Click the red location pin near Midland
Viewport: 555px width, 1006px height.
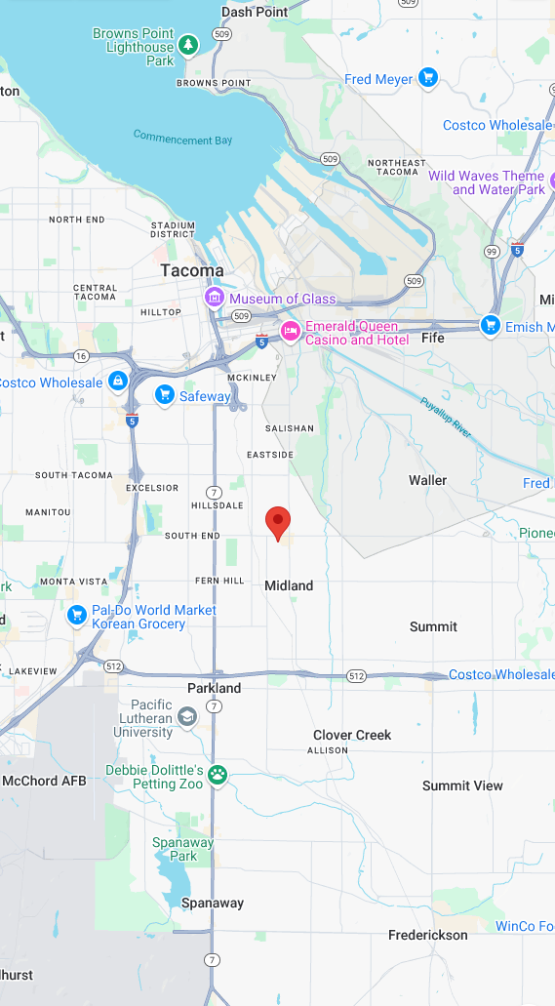(278, 522)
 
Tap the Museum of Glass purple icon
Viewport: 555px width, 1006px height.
(214, 298)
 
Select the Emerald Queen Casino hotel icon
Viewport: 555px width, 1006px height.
(290, 333)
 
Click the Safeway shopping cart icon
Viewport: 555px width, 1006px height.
(165, 395)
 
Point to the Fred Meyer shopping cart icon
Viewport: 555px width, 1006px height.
(427, 78)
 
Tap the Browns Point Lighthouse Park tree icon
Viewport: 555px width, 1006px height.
(188, 45)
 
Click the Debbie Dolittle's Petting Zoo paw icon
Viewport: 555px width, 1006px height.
(219, 776)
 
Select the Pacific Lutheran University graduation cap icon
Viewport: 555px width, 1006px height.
(186, 718)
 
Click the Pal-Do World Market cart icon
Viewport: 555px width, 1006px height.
(76, 616)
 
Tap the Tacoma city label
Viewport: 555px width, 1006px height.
(192, 270)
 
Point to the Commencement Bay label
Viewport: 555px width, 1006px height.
(183, 139)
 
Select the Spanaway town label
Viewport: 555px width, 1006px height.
(213, 904)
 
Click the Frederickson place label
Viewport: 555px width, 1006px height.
(428, 935)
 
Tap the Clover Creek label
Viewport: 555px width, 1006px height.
(352, 735)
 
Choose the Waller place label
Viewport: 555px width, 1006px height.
(427, 480)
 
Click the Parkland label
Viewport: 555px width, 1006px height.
(214, 688)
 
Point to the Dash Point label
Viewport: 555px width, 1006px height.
(255, 12)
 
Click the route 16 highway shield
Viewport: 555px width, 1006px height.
(81, 356)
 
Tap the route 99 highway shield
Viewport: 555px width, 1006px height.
(492, 251)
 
